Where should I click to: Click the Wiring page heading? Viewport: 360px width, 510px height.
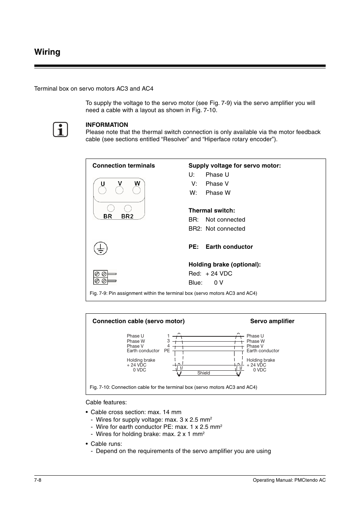47,52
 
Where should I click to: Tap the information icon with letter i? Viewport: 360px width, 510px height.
60,129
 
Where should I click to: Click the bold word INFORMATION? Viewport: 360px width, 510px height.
107,125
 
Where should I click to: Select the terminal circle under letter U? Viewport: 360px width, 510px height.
103,191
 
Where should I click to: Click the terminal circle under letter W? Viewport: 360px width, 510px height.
137,191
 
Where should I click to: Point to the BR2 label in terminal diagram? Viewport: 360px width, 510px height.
127,216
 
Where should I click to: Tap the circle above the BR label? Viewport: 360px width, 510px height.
111,208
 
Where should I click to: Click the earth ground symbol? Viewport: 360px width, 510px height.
100,248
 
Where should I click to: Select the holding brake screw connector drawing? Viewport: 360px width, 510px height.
105,277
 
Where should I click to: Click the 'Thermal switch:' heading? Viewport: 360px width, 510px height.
211,210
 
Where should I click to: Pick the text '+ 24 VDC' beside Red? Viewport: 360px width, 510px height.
219,273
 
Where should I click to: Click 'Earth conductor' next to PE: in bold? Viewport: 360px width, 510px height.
229,247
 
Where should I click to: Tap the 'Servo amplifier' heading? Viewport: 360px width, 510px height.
272,321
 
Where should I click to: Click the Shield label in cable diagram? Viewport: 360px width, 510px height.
203,373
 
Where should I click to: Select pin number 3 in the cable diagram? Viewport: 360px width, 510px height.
168,341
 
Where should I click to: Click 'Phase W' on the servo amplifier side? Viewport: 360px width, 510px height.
255,341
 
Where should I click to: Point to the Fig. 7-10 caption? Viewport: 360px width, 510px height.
173,387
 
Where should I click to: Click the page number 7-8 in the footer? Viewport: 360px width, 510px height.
37,480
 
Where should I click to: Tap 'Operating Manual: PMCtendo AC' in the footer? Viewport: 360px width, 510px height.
289,480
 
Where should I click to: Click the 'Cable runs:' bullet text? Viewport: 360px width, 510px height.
106,444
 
